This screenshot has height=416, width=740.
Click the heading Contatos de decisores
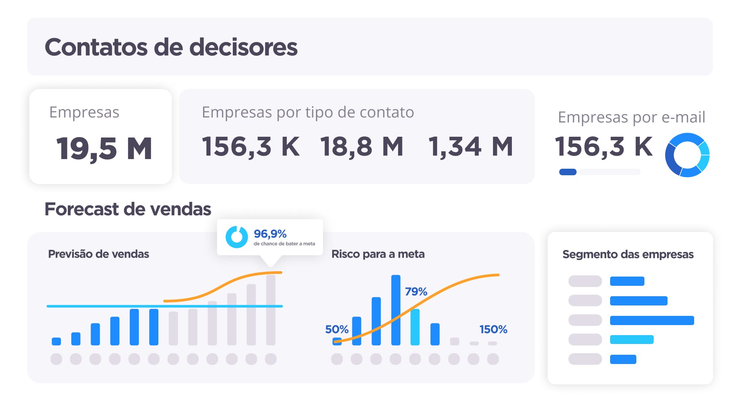[x=171, y=47]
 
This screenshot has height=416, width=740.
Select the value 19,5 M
[x=104, y=148]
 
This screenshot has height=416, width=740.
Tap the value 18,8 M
[x=362, y=146]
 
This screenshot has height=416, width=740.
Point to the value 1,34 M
[x=471, y=146]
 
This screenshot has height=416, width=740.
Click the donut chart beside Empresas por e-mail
[x=687, y=155]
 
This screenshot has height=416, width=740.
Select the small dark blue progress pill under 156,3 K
[x=568, y=172]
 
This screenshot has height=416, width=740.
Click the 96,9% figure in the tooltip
[x=270, y=234]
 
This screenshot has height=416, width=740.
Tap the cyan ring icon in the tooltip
[x=237, y=237]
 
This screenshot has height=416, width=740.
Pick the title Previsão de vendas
[x=98, y=254]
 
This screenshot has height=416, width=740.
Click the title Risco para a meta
[x=378, y=254]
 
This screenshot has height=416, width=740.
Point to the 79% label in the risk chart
[x=416, y=292]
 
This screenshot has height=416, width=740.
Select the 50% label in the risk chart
[x=336, y=329]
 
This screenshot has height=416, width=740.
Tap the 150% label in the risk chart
[x=493, y=329]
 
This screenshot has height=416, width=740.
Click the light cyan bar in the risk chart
[x=415, y=327]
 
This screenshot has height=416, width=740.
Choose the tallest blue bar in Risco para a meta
[x=396, y=310]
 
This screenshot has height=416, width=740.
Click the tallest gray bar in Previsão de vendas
[x=271, y=310]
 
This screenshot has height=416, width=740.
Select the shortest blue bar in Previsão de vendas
[x=56, y=341]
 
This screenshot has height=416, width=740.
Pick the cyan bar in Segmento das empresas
[x=632, y=339]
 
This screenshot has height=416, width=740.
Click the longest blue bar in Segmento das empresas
[x=652, y=320]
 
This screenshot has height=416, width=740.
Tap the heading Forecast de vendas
[x=128, y=209]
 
